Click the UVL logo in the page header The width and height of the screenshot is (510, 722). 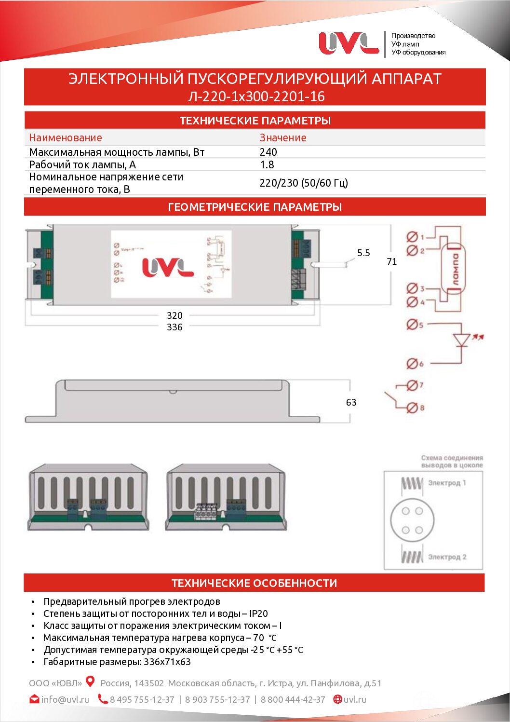[x=349, y=43]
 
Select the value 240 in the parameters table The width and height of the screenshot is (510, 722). [x=268, y=152]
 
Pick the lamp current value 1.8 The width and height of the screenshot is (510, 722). [x=267, y=164]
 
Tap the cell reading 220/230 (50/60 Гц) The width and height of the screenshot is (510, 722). [x=304, y=183]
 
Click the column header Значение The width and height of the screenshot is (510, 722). [x=283, y=137]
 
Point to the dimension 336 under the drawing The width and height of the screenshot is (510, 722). [x=174, y=327]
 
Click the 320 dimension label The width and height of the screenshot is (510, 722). [x=174, y=315]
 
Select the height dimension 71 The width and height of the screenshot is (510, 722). [x=392, y=261]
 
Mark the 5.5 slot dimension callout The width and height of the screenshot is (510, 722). [x=363, y=253]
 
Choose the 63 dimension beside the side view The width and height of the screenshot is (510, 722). [x=351, y=402]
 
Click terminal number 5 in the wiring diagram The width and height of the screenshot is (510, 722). [x=414, y=325]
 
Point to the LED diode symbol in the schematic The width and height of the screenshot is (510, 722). [x=462, y=340]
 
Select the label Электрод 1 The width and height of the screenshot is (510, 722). [x=447, y=483]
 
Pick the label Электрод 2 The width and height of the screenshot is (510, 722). [x=447, y=557]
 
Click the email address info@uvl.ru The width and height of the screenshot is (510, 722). [x=65, y=699]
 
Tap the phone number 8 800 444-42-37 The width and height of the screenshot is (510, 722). [x=293, y=699]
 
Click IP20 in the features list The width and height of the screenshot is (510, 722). [x=258, y=613]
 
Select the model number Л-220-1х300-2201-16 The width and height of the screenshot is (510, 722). [x=256, y=96]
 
